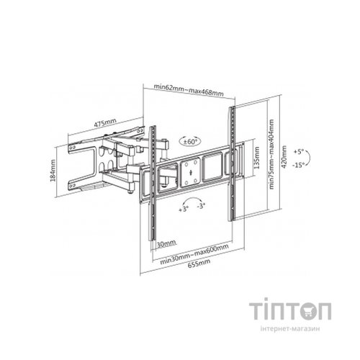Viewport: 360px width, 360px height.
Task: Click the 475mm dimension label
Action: tap(105, 123)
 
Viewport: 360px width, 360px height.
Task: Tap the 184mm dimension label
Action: tap(53, 170)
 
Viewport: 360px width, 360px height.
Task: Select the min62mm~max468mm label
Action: tap(189, 90)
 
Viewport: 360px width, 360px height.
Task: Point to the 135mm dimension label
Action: tap(257, 158)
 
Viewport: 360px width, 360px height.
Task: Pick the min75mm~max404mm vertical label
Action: tap(271, 154)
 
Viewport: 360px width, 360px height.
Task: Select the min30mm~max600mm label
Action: tap(194, 254)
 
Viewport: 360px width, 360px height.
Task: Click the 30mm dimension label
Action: tap(166, 244)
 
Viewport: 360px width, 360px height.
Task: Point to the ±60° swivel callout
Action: tap(190, 142)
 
